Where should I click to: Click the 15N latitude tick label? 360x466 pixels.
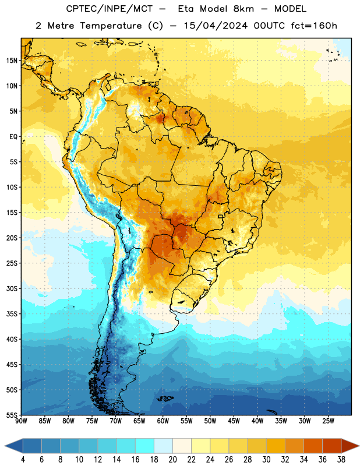(12, 61)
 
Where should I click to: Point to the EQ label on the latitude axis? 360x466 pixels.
(13, 137)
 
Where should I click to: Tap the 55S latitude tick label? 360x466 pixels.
(12, 415)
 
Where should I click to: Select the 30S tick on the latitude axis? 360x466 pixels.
(12, 288)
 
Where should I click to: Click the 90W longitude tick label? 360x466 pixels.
(21, 421)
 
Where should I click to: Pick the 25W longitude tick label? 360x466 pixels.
(328, 421)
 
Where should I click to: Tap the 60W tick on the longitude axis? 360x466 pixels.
(163, 421)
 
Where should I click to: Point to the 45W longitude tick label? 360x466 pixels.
(234, 421)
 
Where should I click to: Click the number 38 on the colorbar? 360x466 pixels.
(341, 460)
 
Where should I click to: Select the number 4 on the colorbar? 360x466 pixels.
(23, 460)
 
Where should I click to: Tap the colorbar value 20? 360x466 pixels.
(172, 460)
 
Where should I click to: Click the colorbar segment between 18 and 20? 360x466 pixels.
(164, 446)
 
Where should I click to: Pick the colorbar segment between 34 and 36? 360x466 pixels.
(313, 446)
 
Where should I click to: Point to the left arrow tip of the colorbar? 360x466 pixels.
(5, 446)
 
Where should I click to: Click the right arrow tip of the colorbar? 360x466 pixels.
(359, 446)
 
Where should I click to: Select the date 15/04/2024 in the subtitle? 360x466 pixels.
(216, 26)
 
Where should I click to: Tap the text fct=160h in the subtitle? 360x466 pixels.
(314, 26)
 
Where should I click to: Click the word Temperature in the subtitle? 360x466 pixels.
(111, 26)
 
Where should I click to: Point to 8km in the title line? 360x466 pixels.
(243, 9)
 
